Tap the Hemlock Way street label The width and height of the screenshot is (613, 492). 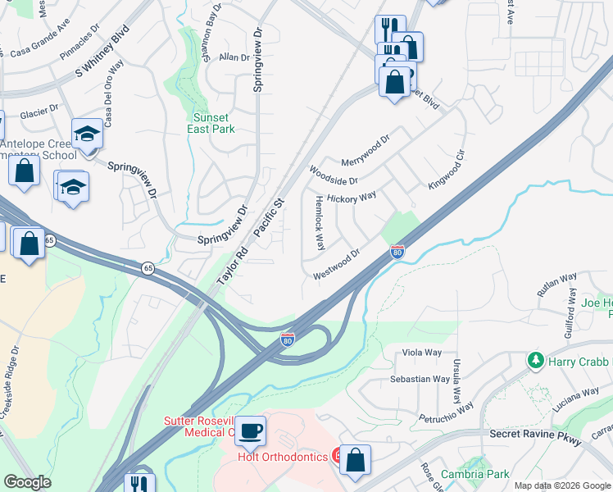[x=320, y=223]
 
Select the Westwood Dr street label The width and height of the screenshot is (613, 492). [x=337, y=265]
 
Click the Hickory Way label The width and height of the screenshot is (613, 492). [x=351, y=198]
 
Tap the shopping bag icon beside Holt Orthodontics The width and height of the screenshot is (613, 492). [x=356, y=461]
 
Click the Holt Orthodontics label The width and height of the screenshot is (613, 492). [x=283, y=458]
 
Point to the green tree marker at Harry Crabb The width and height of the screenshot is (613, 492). [x=535, y=361]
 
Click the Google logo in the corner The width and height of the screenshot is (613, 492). [x=27, y=482]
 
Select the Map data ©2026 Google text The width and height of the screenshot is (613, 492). [x=562, y=485]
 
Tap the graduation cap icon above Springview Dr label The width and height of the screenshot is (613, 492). [x=86, y=133]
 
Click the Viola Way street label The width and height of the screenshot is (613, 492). [x=422, y=353]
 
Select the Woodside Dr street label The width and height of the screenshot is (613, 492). [x=334, y=175]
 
